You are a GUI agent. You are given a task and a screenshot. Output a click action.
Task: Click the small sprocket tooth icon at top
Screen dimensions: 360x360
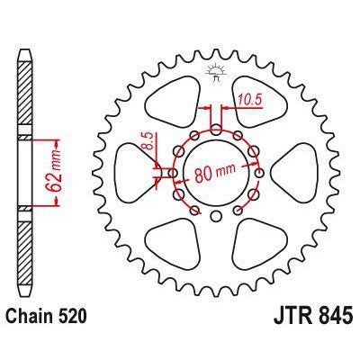point(215,72)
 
